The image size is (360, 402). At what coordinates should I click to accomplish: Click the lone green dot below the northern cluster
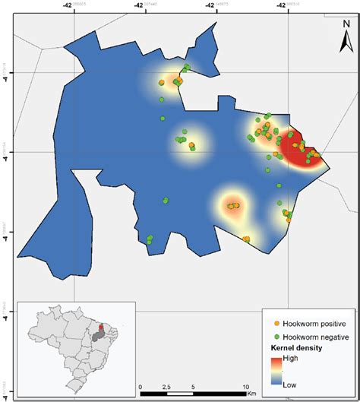(x=162, y=119)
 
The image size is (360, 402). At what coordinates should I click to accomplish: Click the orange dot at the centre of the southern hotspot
(x=234, y=205)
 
